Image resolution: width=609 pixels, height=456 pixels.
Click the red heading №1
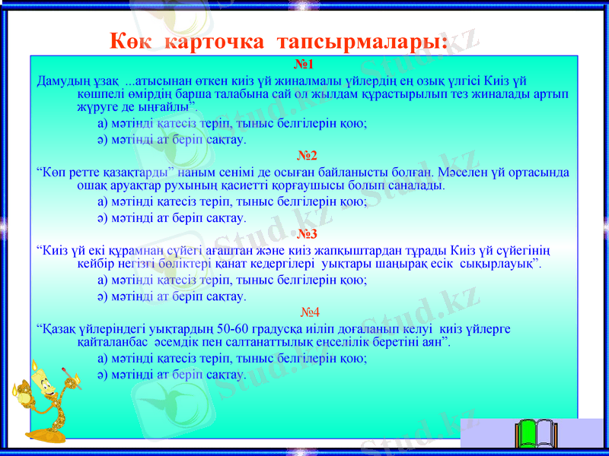pyautogui.click(x=304, y=65)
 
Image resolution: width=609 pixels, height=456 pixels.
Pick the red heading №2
pyautogui.click(x=307, y=156)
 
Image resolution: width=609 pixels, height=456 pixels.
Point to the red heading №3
pyautogui.click(x=307, y=234)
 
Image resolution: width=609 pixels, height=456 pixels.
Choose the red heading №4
pyautogui.click(x=309, y=312)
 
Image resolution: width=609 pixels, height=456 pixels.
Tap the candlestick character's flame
pyautogui.click(x=35, y=369)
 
